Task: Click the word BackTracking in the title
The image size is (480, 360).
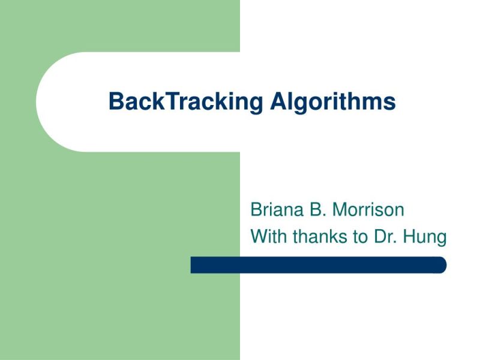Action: click(x=185, y=101)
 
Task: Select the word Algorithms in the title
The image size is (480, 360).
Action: click(x=332, y=101)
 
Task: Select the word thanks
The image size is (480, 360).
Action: click(x=319, y=236)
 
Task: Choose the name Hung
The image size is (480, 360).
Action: click(x=425, y=238)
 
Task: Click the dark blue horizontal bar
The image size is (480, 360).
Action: click(x=318, y=265)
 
